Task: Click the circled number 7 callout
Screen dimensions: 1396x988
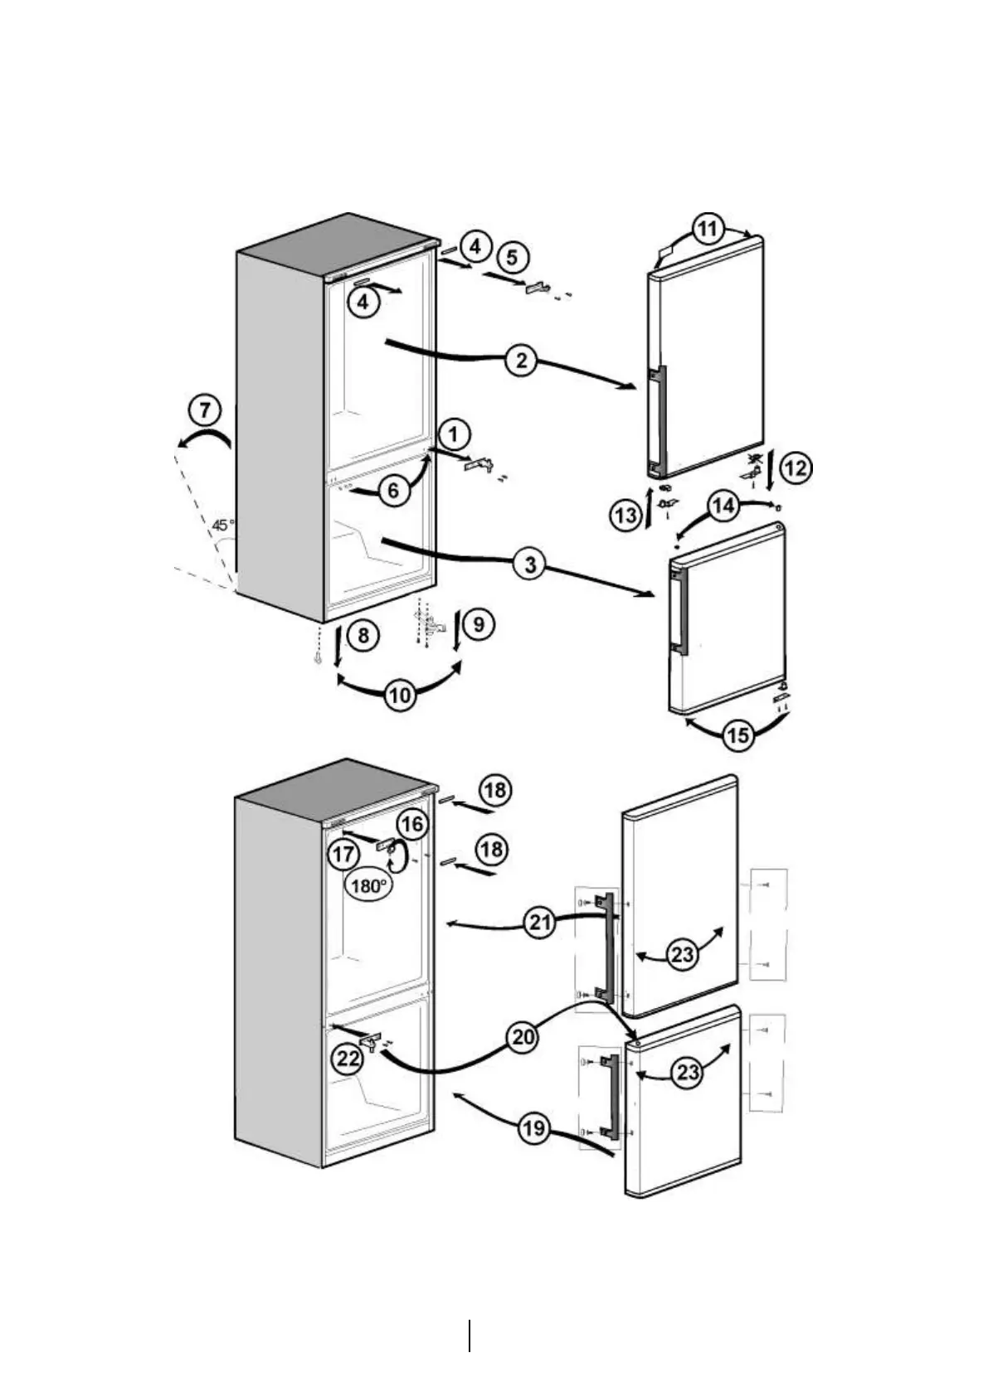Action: (x=205, y=410)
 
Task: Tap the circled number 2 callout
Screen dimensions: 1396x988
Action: (x=521, y=361)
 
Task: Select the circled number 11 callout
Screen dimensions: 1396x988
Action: (x=707, y=229)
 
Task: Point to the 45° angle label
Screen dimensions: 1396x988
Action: (x=222, y=525)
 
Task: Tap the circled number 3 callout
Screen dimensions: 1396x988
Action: (x=529, y=565)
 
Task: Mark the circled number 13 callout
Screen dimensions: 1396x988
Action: (x=626, y=516)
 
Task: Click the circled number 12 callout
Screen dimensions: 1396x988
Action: (x=795, y=468)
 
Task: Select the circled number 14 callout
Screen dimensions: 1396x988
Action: (x=723, y=505)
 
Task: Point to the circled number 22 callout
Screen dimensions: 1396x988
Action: (x=348, y=1057)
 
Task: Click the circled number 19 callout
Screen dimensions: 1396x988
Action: (x=536, y=1127)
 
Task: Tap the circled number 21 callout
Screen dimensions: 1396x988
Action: (x=541, y=923)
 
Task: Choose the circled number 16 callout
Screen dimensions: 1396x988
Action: (x=412, y=824)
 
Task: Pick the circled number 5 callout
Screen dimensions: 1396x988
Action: (x=512, y=258)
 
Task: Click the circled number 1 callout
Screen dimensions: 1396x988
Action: (x=454, y=434)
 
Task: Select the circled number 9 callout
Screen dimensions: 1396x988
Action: (x=479, y=623)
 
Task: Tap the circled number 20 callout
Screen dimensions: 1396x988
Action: (x=523, y=1038)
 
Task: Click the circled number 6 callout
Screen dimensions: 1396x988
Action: (x=393, y=490)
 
